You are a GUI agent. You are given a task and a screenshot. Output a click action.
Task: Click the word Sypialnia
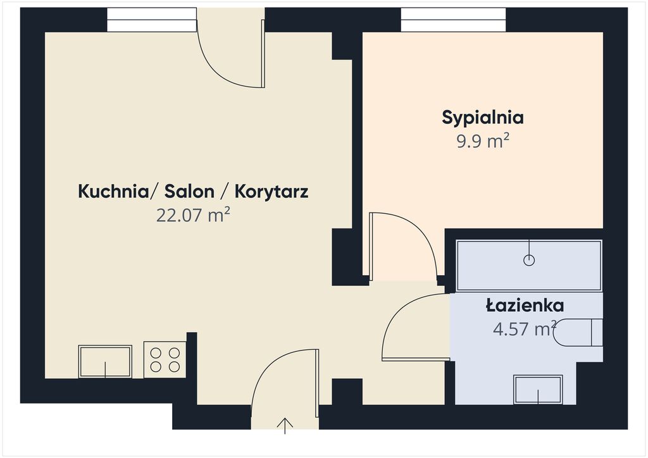pos(483,118)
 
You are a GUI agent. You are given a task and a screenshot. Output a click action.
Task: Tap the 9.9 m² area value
pos(483,141)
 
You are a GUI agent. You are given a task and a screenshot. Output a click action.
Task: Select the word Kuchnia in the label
pos(113,192)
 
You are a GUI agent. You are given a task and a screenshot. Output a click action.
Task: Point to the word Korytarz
pos(271,192)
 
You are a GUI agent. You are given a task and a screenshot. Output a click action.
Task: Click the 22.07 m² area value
pos(193,215)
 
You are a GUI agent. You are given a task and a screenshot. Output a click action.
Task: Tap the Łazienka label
pos(525,306)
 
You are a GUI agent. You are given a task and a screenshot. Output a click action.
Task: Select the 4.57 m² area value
pos(525,329)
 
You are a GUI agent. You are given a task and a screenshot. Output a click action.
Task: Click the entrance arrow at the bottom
pos(285,426)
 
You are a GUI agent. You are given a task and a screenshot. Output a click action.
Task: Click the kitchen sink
pos(106,361)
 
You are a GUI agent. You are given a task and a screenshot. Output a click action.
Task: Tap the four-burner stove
pos(165,360)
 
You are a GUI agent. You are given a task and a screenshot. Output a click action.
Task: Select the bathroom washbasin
pos(538,390)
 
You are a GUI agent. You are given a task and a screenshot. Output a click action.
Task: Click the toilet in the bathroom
pos(577,333)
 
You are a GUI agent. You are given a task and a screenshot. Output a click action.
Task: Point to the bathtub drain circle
pos(529,260)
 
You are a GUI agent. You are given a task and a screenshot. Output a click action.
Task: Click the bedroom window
pos(453,20)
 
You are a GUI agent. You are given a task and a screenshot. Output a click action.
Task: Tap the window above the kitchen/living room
pos(152,20)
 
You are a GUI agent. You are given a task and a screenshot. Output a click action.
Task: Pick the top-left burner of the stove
pos(156,353)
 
